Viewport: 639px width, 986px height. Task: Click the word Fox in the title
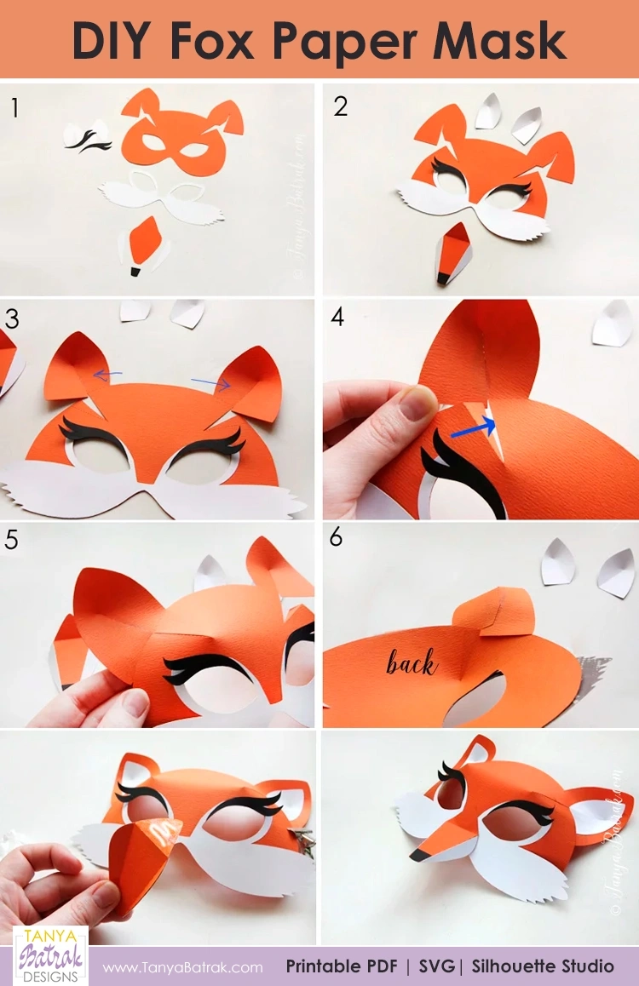pos(242,39)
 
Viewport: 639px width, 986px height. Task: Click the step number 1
pos(14,107)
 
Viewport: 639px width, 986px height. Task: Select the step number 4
pos(337,318)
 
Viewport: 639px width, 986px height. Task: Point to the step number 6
pos(337,538)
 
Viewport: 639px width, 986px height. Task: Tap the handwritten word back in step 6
pos(411,662)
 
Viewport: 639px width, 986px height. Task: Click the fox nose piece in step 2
pos(451,253)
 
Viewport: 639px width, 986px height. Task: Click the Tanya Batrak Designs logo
pos(50,954)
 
